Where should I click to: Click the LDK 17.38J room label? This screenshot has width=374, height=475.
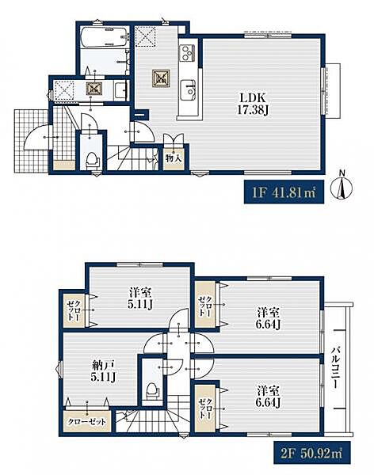click(x=253, y=104)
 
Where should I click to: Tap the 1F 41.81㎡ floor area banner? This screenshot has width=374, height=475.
click(x=284, y=192)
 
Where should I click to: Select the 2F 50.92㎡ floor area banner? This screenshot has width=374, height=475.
click(x=312, y=453)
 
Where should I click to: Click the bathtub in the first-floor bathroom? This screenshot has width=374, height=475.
click(x=105, y=37)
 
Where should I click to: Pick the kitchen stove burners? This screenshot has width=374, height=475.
click(x=186, y=53)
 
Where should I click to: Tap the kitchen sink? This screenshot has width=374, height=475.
click(x=188, y=90)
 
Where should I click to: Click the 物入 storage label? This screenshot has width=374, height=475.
click(x=174, y=158)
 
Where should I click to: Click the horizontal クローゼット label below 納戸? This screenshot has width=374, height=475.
click(x=86, y=422)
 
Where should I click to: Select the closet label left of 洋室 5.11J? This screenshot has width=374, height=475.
click(x=74, y=310)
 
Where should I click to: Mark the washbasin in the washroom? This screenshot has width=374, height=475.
click(x=121, y=89)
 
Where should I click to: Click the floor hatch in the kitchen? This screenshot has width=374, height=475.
click(x=161, y=78)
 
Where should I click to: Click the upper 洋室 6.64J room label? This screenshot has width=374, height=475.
click(x=269, y=317)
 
